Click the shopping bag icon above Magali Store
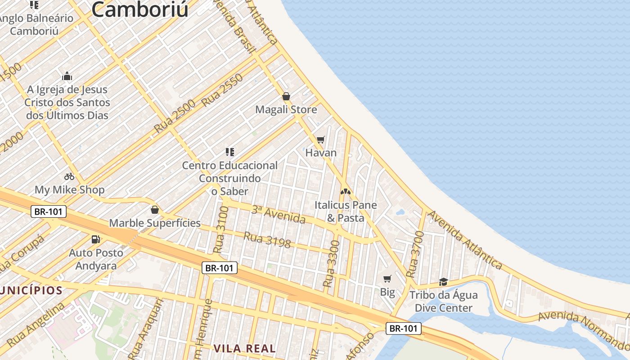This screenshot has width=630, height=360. point(286,96)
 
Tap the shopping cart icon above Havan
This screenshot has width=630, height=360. point(320,140)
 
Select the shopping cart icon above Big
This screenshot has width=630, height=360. point(387,279)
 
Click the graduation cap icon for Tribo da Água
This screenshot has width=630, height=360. point(443,282)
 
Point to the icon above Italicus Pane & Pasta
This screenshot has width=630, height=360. point(345,192)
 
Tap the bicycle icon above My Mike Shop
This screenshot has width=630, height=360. point(69,176)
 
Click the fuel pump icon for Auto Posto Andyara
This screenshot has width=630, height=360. point(95,239)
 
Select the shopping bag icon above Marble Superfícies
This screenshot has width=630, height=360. point(155,210)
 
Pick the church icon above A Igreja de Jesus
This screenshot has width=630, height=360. point(67,76)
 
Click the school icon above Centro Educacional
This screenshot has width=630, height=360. point(230,152)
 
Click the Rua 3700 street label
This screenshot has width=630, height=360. point(415,254)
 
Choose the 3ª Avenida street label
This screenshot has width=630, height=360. point(278,214)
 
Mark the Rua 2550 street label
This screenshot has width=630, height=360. point(222,90)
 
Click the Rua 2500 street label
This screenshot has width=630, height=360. point(175,116)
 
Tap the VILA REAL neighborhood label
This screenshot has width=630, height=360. point(244,348)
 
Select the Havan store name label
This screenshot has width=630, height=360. point(321,153)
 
